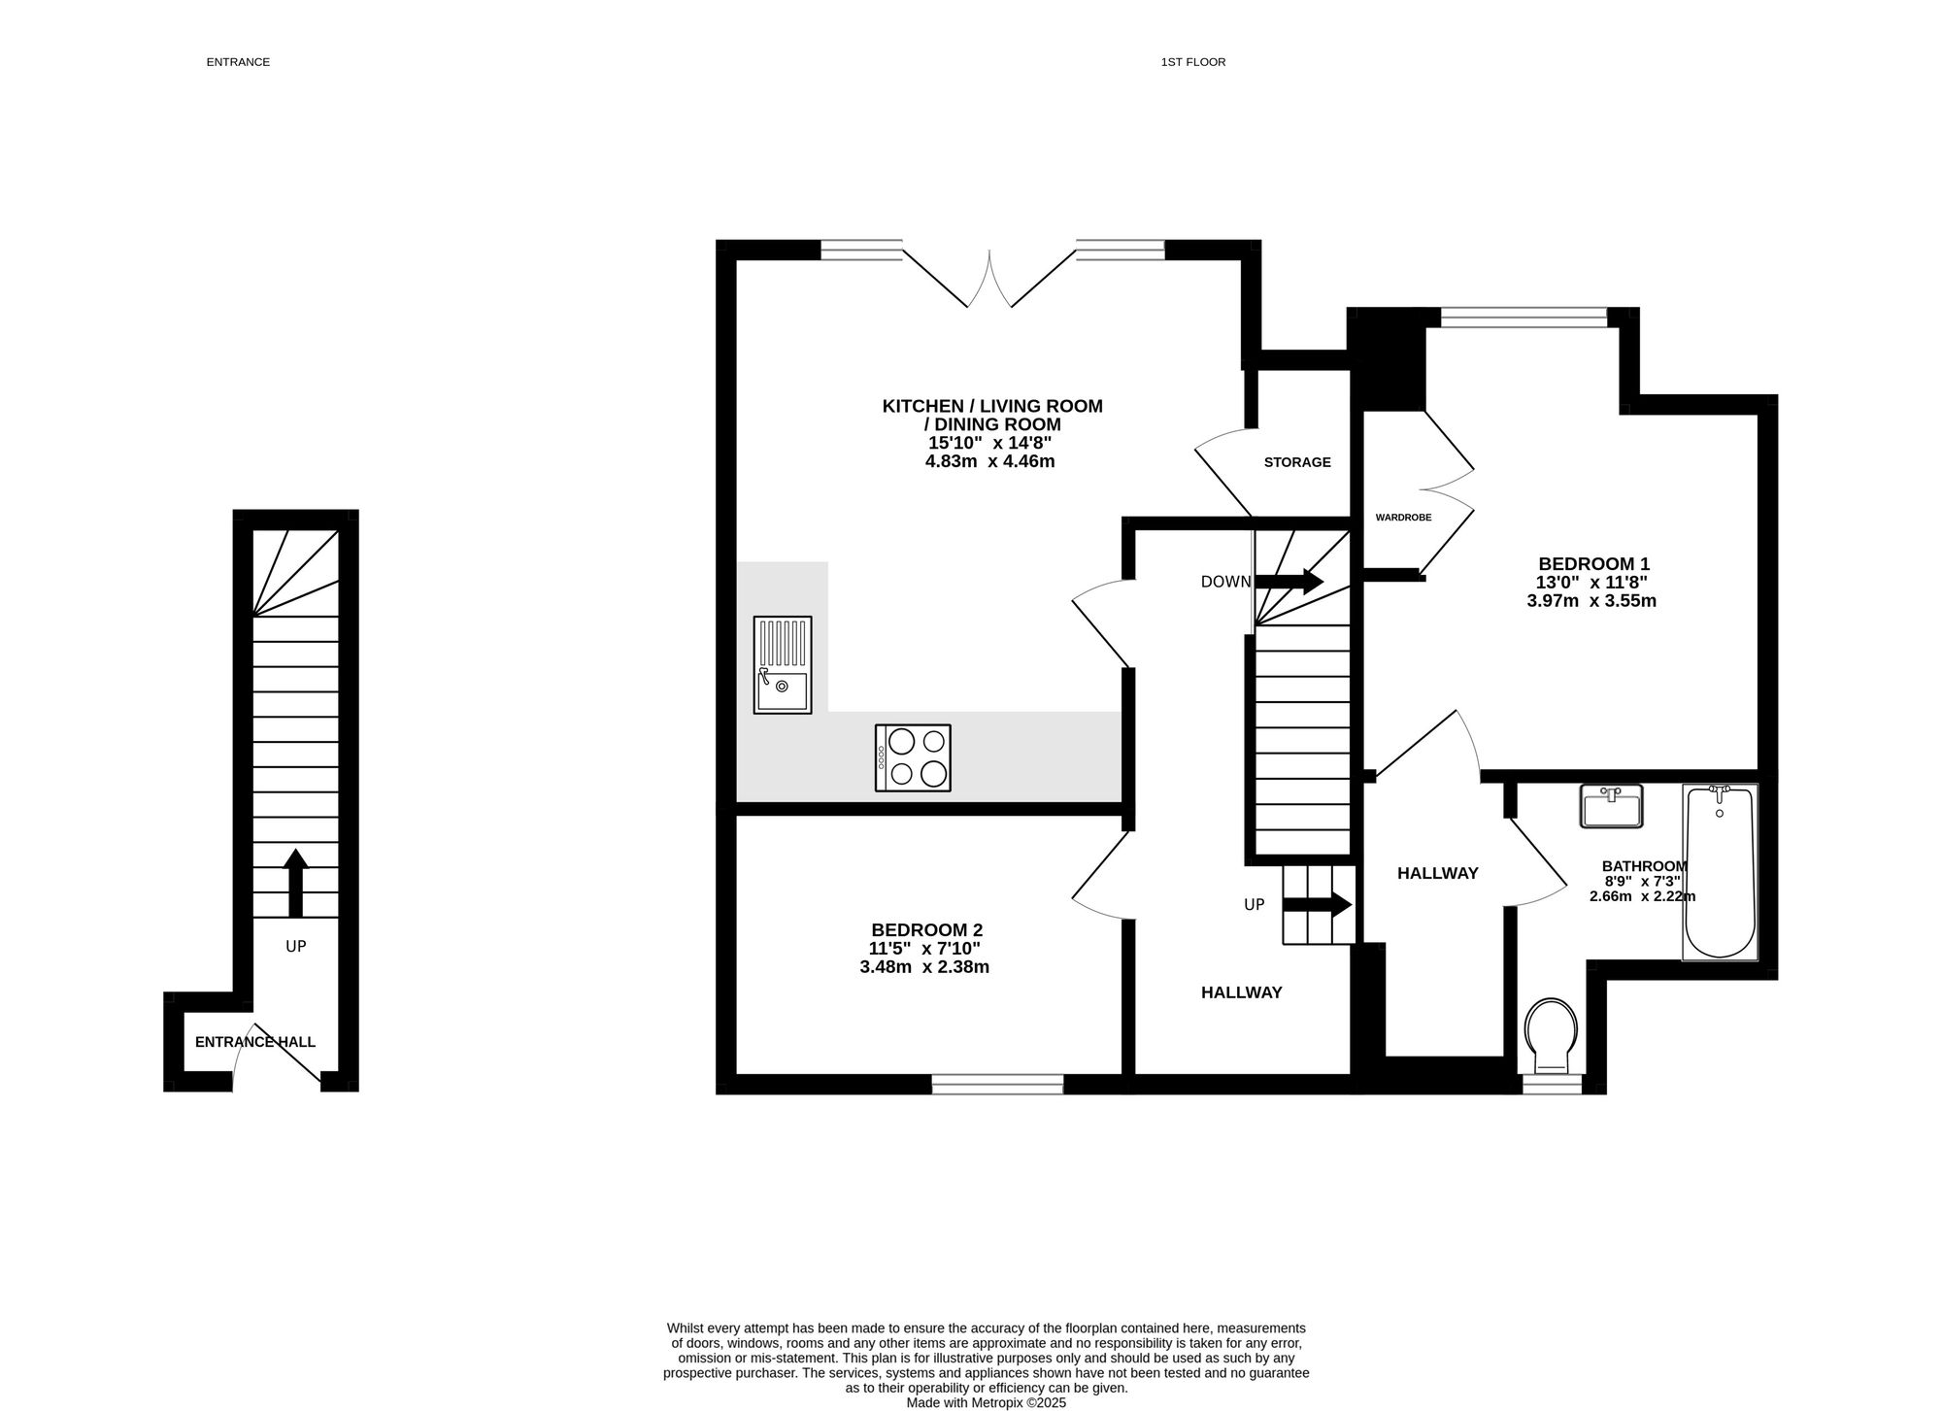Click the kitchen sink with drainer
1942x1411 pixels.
click(783, 665)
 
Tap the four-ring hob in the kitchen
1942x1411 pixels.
click(913, 757)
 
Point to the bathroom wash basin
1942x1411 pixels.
click(1612, 806)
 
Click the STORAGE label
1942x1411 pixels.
click(1297, 462)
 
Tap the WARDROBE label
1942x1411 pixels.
click(1403, 518)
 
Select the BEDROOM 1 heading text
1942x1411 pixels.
click(1593, 563)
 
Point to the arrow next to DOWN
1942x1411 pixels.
click(1289, 582)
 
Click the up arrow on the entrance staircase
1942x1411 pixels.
click(295, 883)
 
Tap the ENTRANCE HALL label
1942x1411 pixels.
click(255, 1042)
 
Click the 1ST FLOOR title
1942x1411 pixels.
click(1193, 62)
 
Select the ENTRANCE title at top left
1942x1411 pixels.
click(238, 62)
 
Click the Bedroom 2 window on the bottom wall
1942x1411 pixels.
click(997, 1085)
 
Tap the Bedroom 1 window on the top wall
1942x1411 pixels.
click(1524, 318)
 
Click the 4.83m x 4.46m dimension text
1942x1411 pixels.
click(989, 461)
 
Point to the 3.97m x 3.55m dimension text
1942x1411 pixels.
click(1591, 600)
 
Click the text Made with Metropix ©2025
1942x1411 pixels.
click(986, 1402)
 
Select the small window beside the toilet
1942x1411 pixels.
click(1552, 1085)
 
